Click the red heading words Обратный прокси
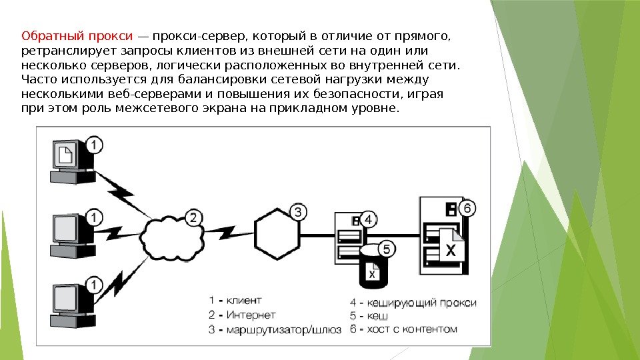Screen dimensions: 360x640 point(78,36)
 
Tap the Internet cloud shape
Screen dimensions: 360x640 point(167,230)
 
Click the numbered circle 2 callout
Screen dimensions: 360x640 point(193,217)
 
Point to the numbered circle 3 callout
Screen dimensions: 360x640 point(299,213)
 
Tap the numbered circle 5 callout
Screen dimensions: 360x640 point(387,249)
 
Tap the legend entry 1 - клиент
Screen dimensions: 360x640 point(235,300)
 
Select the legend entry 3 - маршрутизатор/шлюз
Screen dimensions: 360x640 point(275,329)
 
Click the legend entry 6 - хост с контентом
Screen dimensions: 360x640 point(404,329)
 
